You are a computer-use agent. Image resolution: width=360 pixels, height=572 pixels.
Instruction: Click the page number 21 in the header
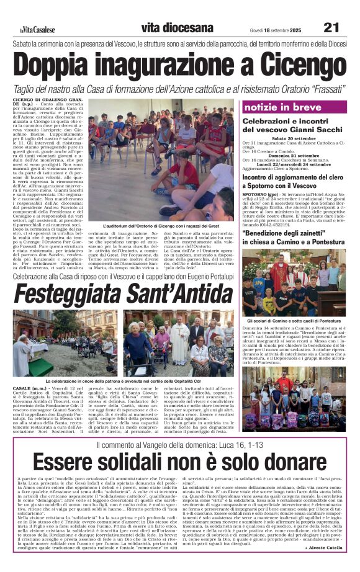[x=331, y=27]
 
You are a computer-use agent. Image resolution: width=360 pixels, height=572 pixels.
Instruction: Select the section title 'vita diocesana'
[x=168, y=28]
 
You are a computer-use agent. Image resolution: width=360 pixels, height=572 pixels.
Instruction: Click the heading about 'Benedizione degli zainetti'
[x=294, y=237]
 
